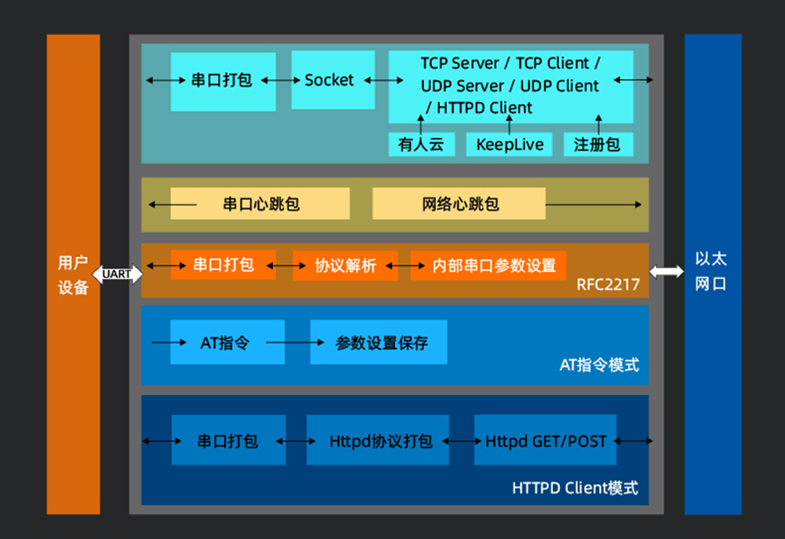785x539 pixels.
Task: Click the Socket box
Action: point(333,79)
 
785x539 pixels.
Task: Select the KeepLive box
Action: point(509,144)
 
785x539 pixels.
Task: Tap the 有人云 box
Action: point(421,144)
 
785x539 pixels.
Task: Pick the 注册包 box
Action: point(598,144)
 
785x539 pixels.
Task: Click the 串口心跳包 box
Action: point(260,204)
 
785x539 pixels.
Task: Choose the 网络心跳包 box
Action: point(459,204)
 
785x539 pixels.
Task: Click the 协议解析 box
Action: point(345,265)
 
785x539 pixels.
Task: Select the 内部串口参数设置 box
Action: point(488,265)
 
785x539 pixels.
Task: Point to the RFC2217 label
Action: point(608,285)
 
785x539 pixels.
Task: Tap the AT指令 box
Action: point(228,342)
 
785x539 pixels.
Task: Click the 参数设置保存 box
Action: point(379,342)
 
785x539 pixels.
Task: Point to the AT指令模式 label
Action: point(599,365)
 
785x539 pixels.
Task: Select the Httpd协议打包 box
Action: point(378,440)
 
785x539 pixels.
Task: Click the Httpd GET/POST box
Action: point(545,440)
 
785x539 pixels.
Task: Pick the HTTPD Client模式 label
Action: point(576,488)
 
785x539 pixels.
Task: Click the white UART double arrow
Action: point(118,274)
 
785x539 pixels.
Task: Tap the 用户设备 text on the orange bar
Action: point(73,275)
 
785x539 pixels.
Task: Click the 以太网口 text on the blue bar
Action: point(710,271)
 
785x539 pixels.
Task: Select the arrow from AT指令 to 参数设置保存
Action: point(295,342)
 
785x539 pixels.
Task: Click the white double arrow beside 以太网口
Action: point(666,271)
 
